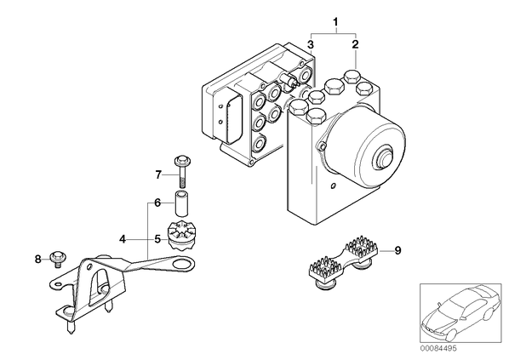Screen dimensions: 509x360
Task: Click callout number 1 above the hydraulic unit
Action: tap(336, 22)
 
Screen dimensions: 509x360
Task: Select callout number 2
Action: tap(356, 44)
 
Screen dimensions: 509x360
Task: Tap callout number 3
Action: tap(311, 44)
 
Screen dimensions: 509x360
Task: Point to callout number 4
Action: tap(123, 239)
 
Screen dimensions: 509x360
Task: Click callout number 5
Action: tap(157, 239)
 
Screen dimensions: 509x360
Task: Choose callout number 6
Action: tap(157, 203)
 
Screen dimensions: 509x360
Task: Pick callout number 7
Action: tap(158, 175)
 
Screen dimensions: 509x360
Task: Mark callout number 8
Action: tap(38, 259)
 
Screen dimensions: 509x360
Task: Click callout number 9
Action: tap(397, 250)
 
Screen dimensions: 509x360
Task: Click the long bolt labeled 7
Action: tap(182, 171)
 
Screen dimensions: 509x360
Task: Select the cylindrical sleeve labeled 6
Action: tap(182, 203)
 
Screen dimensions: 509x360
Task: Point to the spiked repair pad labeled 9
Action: tap(342, 263)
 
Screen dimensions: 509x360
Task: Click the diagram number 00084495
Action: tap(438, 348)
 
